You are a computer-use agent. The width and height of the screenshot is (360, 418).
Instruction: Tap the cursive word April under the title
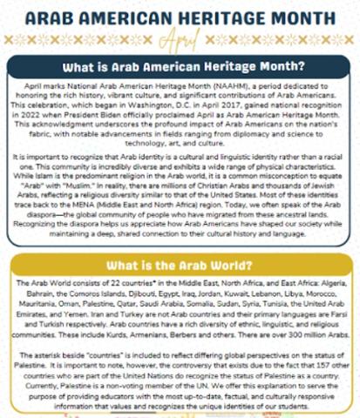click(x=180, y=38)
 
